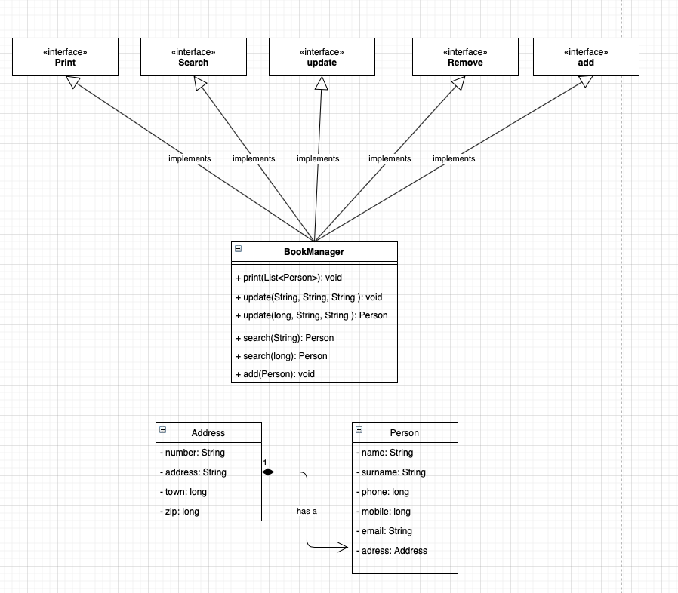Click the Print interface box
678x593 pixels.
tap(65, 57)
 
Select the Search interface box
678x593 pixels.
tap(193, 57)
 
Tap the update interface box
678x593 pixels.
tap(322, 57)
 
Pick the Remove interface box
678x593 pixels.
tap(465, 57)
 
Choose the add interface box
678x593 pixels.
tap(586, 57)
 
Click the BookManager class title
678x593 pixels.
tap(314, 251)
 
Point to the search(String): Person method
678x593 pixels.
tap(285, 338)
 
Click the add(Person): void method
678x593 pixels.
tap(275, 374)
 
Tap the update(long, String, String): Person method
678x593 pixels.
tap(311, 315)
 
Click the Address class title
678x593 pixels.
tap(208, 433)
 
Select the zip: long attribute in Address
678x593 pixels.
tap(180, 512)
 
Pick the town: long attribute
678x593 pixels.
tap(183, 492)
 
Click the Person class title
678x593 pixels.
tap(405, 433)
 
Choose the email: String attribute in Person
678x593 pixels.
tap(384, 531)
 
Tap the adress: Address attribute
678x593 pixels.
tap(392, 551)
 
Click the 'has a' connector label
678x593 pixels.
tap(307, 511)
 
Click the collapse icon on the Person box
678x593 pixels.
tap(359, 429)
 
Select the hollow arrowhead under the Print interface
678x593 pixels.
tap(73, 82)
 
